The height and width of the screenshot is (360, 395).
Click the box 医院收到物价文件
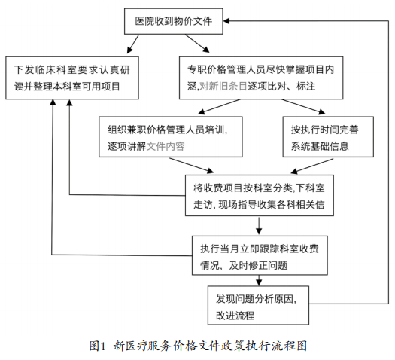coord(172,22)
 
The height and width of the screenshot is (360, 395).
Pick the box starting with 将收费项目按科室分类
coord(260,195)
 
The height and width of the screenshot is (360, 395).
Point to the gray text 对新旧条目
coord(224,87)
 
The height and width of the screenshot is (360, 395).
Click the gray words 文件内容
coord(166,145)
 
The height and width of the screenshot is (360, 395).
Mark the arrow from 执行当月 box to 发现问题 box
coord(259,280)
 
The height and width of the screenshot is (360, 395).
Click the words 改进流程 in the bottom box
coord(235,313)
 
